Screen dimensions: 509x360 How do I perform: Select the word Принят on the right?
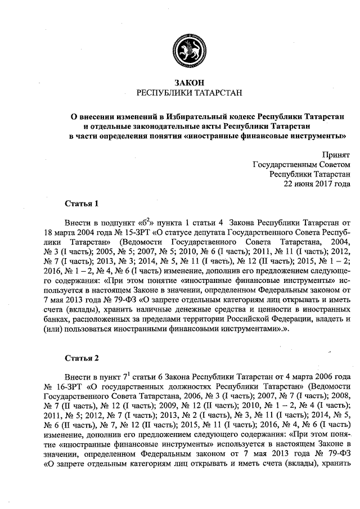pyautogui.click(x=336, y=154)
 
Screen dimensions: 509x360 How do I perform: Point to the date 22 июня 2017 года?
pyautogui.click(x=318, y=184)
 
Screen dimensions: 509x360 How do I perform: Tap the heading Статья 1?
pyautogui.click(x=82, y=203)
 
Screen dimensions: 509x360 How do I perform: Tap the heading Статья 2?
pyautogui.click(x=82, y=358)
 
